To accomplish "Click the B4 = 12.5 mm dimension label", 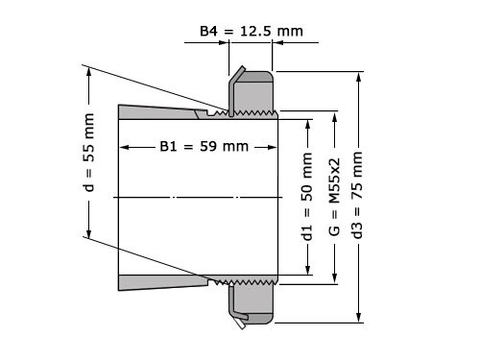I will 251,31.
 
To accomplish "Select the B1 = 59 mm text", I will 203,147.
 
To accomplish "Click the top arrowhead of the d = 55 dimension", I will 89,70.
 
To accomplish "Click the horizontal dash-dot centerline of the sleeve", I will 192,198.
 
